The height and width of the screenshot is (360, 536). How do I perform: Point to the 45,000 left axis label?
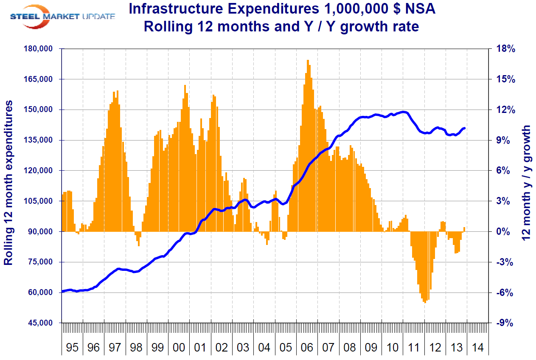[x=41, y=323]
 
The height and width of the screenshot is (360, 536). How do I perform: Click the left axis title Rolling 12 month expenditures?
[x=8, y=183]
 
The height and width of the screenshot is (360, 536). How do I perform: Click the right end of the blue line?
[x=465, y=128]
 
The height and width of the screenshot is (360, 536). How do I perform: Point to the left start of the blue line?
[x=63, y=291]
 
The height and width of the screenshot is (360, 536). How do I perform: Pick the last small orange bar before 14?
[x=464, y=229]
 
